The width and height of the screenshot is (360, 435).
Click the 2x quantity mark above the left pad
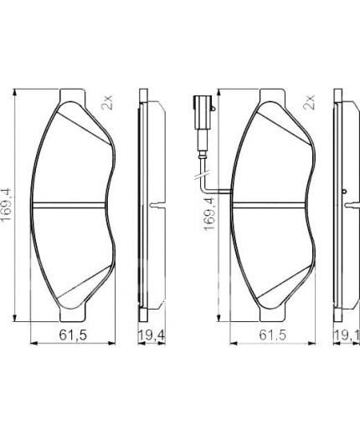point(107,103)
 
